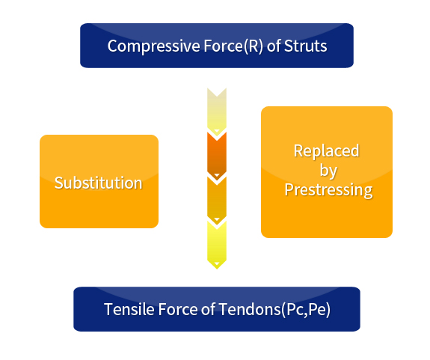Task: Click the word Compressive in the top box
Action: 153,46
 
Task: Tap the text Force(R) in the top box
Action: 233,46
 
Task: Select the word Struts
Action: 306,46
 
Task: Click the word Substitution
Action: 99,183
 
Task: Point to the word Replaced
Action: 326,150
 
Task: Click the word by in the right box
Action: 328,171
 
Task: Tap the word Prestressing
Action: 328,190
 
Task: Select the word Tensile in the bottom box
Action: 129,309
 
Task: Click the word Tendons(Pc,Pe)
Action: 274,310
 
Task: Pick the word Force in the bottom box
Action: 178,309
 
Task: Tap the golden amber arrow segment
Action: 217,201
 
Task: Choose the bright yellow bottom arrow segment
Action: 217,245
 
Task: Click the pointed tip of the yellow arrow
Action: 217,269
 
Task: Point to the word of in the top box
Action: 274,46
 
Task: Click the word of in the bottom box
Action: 208,309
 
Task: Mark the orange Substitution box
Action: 99,181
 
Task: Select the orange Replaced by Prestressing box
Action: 327,172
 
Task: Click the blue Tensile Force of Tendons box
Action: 217,309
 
